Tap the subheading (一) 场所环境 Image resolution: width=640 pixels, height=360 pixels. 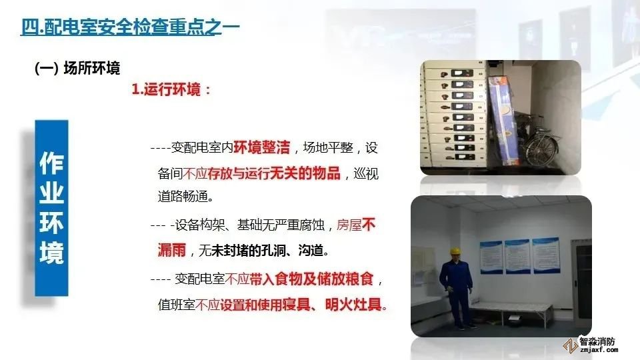pos(77,68)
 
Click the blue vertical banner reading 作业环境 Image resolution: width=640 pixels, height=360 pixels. pos(51,207)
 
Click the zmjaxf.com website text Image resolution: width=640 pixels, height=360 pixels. pos(597,350)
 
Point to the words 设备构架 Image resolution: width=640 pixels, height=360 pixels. pos(196,225)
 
